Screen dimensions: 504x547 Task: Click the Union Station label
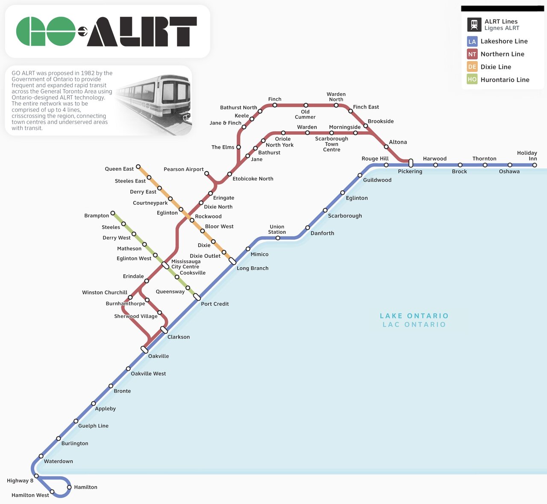click(277, 230)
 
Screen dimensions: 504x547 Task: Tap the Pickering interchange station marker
click(411, 163)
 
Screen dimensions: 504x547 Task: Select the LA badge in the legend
click(472, 41)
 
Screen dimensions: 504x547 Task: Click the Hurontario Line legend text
click(505, 80)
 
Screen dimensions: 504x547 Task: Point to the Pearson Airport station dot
click(206, 174)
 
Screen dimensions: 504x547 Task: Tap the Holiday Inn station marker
click(535, 165)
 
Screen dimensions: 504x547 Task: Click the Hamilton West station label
click(30, 495)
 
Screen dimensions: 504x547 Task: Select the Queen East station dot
click(138, 167)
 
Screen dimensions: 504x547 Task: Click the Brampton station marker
click(113, 213)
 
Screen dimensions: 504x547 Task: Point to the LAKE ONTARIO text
click(414, 316)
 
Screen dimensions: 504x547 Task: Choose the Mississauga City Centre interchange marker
click(165, 265)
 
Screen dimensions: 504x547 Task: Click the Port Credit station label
click(215, 304)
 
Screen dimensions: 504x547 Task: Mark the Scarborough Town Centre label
click(332, 144)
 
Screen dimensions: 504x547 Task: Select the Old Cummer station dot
click(306, 105)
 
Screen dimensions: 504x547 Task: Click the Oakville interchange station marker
click(144, 350)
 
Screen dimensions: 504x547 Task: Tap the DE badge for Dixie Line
click(472, 67)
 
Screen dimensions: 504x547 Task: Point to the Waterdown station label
click(58, 461)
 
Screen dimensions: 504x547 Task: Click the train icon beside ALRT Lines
click(474, 25)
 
